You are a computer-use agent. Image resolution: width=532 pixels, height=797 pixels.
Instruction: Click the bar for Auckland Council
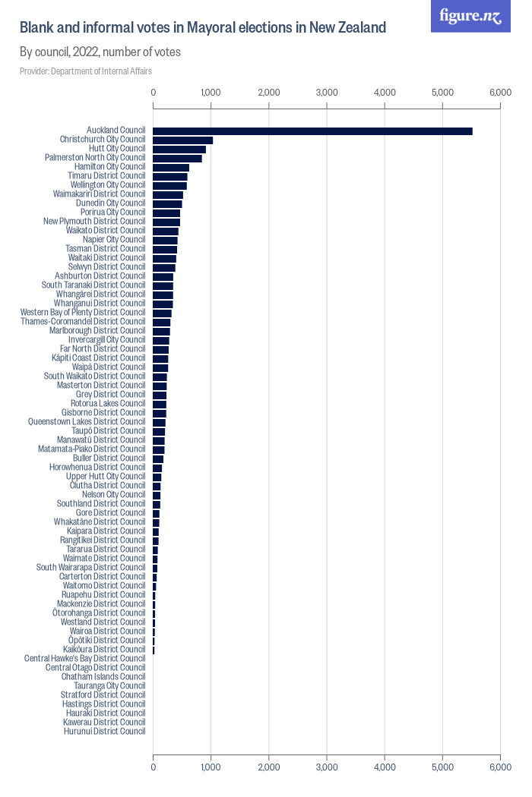pos(312,131)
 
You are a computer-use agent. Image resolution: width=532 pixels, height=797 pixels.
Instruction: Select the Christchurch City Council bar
pos(183,140)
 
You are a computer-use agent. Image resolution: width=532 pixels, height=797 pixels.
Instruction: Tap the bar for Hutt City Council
pos(179,150)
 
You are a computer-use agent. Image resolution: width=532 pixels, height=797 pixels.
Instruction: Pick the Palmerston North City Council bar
pos(178,159)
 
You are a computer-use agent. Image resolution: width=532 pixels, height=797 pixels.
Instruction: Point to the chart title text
pos(203,28)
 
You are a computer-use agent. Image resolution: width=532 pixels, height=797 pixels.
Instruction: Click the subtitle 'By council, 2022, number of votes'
pos(100,52)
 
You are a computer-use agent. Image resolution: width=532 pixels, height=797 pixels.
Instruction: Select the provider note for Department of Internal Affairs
pos(86,71)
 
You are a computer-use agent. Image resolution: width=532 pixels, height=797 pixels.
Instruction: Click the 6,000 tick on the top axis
pos(500,93)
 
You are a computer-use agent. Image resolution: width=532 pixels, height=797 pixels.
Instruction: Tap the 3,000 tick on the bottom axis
pos(327,768)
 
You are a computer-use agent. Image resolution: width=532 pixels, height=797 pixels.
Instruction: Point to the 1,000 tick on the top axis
pos(211,93)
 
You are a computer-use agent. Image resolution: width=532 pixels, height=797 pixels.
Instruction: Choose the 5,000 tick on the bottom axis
pos(442,768)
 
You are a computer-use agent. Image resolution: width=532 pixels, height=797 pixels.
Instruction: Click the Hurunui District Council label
pos(104,731)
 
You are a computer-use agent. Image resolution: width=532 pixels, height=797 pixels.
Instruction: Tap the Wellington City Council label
pos(107,184)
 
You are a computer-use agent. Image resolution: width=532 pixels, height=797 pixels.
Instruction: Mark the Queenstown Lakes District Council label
pos(87,421)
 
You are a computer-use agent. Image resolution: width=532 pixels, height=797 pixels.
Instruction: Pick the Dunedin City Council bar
pos(168,203)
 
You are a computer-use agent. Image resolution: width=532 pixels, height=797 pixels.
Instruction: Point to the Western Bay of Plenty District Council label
pos(83,312)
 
